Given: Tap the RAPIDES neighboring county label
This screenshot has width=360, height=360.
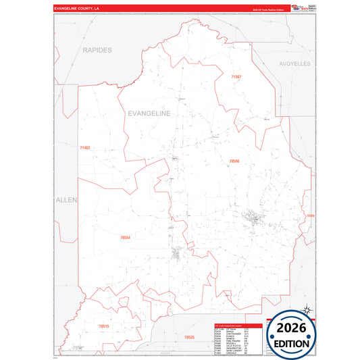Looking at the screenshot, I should click(x=97, y=50).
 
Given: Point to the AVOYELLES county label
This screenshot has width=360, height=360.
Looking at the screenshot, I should click(x=294, y=63).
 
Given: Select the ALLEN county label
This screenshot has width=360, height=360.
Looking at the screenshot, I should click(x=67, y=200).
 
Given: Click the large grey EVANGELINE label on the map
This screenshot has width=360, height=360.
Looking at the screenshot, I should click(x=149, y=114).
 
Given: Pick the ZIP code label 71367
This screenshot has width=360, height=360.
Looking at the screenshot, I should click(x=236, y=78).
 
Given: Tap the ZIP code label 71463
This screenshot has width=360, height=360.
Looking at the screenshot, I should click(x=84, y=147).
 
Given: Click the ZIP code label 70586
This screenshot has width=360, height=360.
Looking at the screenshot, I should click(x=234, y=161).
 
